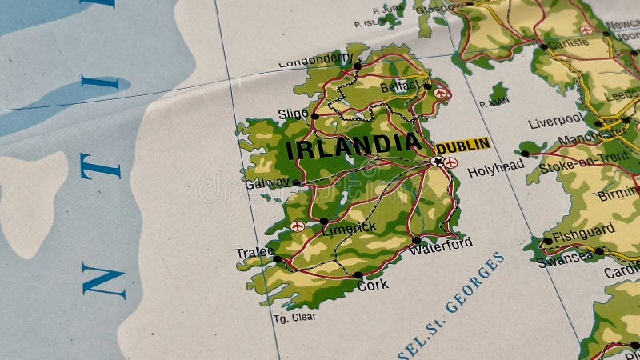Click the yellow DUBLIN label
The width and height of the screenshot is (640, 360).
tap(463, 145)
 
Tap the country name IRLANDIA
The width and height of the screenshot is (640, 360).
tap(353, 146)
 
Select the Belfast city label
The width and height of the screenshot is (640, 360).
tap(399, 86)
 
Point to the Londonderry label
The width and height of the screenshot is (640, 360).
tap(314, 60)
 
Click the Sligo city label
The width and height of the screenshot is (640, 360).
tap(293, 114)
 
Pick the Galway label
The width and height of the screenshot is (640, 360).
tap(267, 183)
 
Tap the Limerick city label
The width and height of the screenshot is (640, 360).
tap(349, 228)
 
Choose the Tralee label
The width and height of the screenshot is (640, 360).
tap(254, 253)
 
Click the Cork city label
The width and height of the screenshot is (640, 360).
tap(374, 284)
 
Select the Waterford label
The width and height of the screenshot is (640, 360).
tap(440, 245)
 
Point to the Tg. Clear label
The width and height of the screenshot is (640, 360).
tap(294, 317)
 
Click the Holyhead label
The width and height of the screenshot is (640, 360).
tap(495, 169)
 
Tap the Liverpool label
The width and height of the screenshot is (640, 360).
tap(556, 122)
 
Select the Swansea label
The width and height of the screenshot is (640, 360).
tap(565, 259)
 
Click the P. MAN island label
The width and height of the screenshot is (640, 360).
tap(493, 102)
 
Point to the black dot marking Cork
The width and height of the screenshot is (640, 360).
tap(358, 274)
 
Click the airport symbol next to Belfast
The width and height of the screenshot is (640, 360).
tap(441, 94)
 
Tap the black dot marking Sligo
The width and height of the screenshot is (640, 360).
tap(314, 116)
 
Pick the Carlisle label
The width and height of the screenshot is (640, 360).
tap(569, 43)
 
